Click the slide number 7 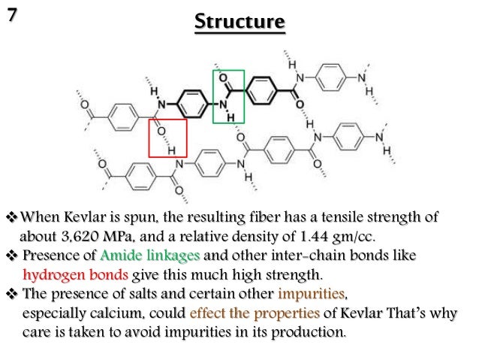(x=11, y=13)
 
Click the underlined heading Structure (x=239, y=23)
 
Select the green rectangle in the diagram (x=229, y=96)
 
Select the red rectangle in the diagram (x=167, y=138)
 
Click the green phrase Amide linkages (x=144, y=255)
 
